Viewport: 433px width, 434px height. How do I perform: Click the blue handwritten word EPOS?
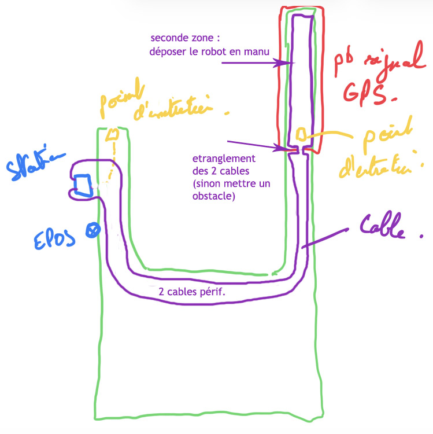[x=51, y=237]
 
